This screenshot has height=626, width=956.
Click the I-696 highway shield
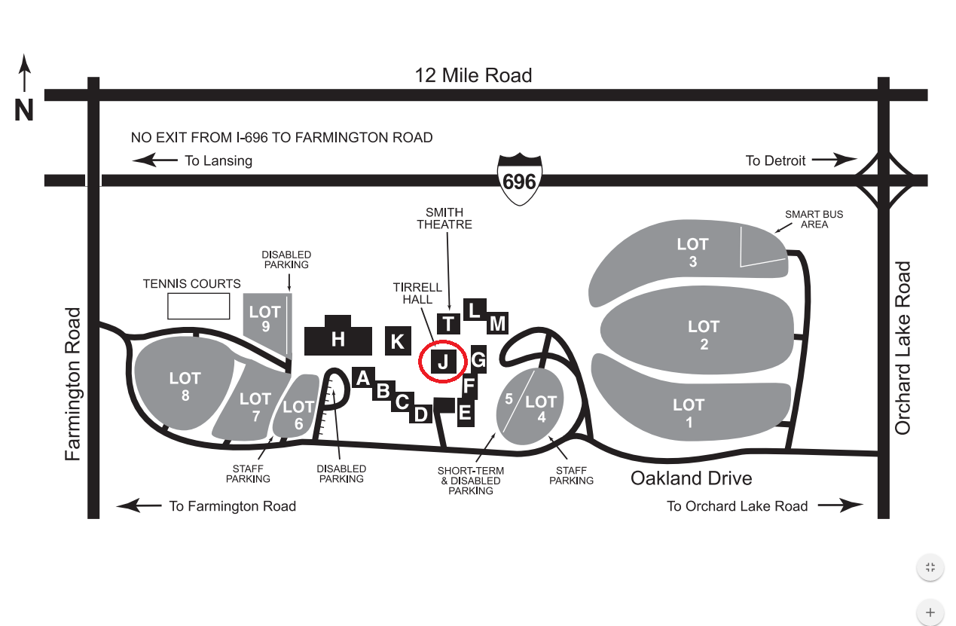520,180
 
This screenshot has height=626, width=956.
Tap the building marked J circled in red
443,362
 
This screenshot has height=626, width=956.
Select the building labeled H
338,340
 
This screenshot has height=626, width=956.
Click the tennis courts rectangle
198,307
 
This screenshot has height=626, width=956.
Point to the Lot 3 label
692,252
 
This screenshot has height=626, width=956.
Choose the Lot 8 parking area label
185,386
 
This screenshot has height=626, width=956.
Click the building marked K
397,341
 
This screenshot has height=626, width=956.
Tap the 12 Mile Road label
473,75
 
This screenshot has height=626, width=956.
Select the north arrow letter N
24,111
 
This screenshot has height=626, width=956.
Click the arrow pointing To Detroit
834,160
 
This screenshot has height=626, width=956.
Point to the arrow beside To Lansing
154,160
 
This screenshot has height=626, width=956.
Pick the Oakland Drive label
691,478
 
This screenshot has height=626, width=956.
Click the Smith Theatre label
444,218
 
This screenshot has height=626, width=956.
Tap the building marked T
449,324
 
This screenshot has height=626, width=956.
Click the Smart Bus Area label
814,219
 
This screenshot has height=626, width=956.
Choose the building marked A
363,377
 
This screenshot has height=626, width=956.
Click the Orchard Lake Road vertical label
903,348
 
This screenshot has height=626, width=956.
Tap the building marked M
497,323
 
